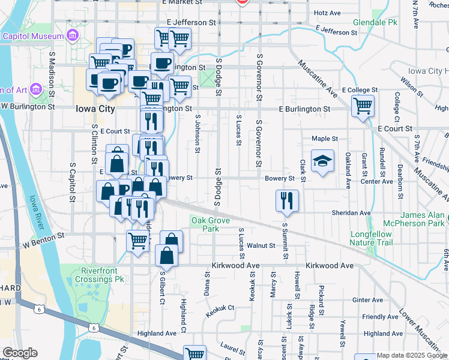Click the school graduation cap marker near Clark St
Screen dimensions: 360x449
[322, 161]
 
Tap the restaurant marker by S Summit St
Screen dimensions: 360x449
[287, 201]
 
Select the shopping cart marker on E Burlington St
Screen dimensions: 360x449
[363, 107]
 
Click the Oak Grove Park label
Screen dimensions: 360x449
[206, 224]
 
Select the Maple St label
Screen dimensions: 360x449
[325, 139]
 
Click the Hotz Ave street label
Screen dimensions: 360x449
[327, 13]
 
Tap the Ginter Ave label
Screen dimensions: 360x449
[368, 300]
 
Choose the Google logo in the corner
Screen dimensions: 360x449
[20, 353]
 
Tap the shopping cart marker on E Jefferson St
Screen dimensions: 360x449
[180, 39]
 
